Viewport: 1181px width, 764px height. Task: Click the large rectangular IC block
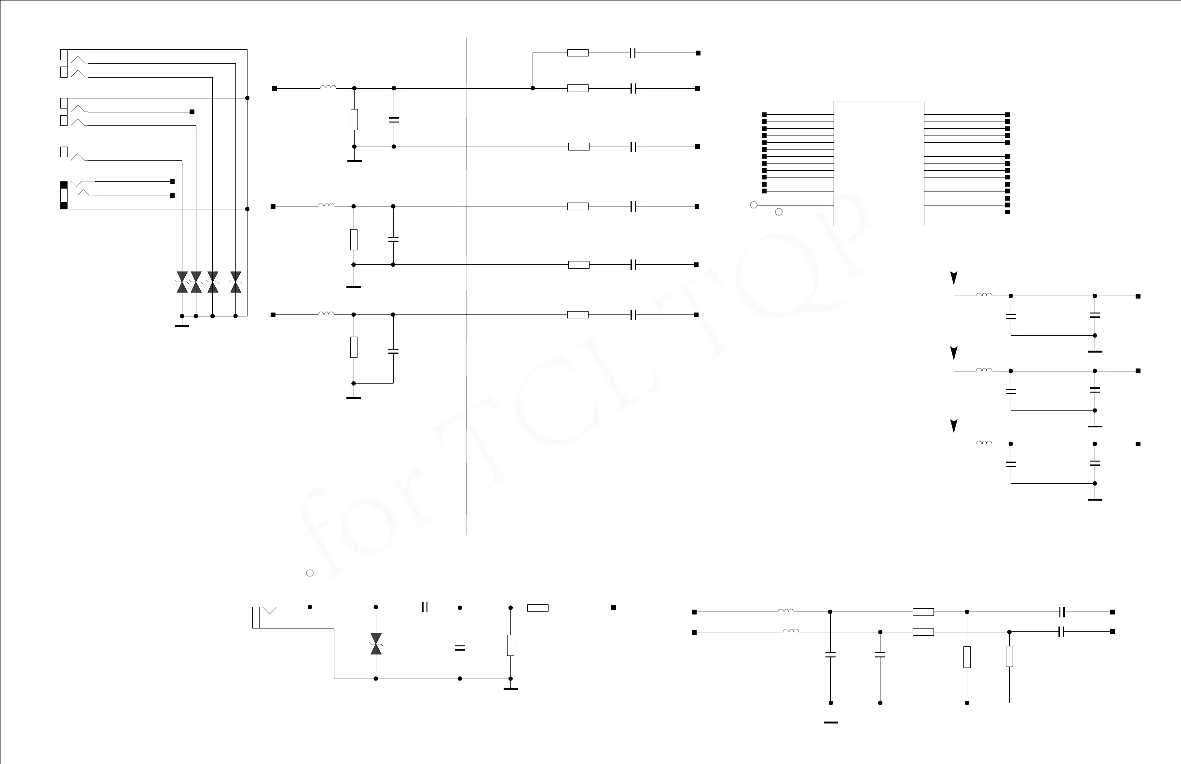coord(879,163)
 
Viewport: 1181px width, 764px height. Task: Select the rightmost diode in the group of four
coord(236,282)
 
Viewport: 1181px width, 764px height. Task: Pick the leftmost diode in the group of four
coord(182,282)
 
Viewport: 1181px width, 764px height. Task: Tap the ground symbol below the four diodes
coord(182,326)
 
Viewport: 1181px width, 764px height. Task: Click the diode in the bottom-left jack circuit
coord(376,643)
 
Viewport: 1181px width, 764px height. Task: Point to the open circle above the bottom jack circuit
coord(310,573)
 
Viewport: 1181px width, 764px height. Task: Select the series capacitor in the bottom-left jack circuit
coord(425,607)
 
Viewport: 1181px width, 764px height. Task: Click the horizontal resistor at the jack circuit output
coord(537,608)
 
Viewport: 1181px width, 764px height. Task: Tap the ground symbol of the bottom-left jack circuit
coord(510,689)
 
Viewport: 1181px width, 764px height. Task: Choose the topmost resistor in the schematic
coord(577,53)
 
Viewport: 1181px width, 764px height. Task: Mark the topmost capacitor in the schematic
coord(632,53)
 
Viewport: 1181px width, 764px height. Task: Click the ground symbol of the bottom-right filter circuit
coord(831,722)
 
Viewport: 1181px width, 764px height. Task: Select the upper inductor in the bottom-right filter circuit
coord(786,611)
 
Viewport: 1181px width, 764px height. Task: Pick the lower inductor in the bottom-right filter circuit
coord(791,631)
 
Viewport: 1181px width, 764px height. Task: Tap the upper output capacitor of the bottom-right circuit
coord(1062,612)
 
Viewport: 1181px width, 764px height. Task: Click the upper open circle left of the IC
coord(754,205)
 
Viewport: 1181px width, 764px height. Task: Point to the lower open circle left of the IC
coord(779,212)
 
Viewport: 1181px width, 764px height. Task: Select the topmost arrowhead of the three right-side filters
coord(954,278)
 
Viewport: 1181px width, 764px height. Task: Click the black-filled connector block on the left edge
coord(64,195)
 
